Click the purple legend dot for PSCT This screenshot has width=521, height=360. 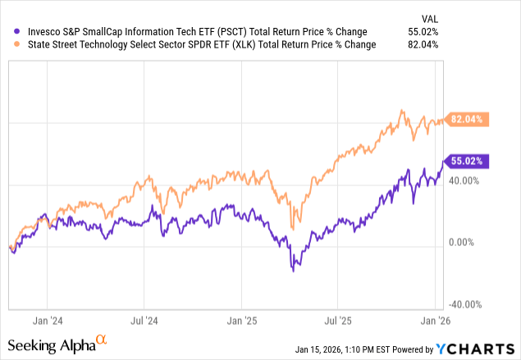(10, 32)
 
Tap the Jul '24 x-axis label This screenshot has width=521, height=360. (144, 321)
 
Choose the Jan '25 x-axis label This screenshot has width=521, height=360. (241, 321)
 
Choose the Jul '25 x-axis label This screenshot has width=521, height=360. (338, 321)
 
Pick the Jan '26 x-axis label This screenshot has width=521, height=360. (436, 321)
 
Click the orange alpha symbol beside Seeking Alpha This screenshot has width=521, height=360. (101, 338)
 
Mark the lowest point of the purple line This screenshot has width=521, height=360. (292, 271)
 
